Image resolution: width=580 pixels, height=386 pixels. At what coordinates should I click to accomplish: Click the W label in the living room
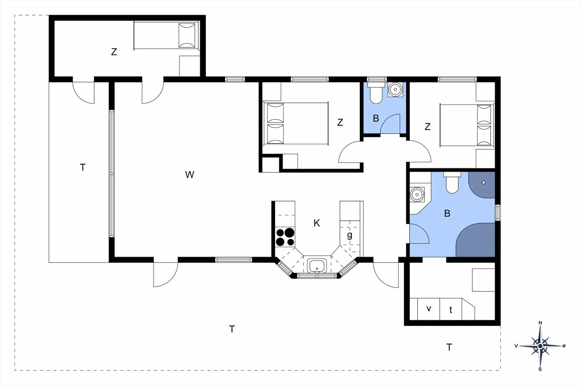(x=189, y=175)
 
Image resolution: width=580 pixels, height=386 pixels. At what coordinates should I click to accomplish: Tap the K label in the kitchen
(x=317, y=223)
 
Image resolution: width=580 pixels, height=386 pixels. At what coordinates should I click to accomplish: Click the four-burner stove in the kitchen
(x=285, y=237)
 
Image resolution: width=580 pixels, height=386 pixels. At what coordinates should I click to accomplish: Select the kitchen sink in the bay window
(x=316, y=266)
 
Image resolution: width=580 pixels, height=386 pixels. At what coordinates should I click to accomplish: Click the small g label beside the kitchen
(x=350, y=235)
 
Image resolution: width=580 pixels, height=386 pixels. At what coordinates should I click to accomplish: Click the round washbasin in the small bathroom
(x=395, y=89)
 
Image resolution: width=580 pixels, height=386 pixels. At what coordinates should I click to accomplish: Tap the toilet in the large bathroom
(x=452, y=183)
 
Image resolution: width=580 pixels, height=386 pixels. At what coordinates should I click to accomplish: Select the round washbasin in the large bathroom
(x=417, y=194)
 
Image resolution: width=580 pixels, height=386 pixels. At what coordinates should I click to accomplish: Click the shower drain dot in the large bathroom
(x=484, y=183)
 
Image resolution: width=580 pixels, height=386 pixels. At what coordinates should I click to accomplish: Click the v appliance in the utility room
(x=428, y=309)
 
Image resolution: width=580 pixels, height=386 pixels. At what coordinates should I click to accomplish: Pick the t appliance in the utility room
(x=451, y=310)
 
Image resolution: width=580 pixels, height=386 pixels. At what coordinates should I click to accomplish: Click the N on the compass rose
(x=540, y=323)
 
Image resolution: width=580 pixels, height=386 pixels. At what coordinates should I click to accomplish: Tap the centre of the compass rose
(x=540, y=346)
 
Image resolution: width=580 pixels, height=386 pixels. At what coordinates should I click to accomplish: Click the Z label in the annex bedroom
(x=114, y=52)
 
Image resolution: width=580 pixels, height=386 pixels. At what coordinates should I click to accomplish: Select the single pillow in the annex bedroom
(x=187, y=35)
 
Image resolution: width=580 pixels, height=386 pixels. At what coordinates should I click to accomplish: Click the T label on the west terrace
(x=83, y=167)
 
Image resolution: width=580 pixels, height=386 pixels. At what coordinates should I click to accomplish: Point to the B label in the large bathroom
(x=447, y=213)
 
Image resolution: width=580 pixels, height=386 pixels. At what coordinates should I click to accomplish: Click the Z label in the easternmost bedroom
(x=427, y=127)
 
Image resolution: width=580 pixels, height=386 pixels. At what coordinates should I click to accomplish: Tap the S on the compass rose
(x=540, y=369)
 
